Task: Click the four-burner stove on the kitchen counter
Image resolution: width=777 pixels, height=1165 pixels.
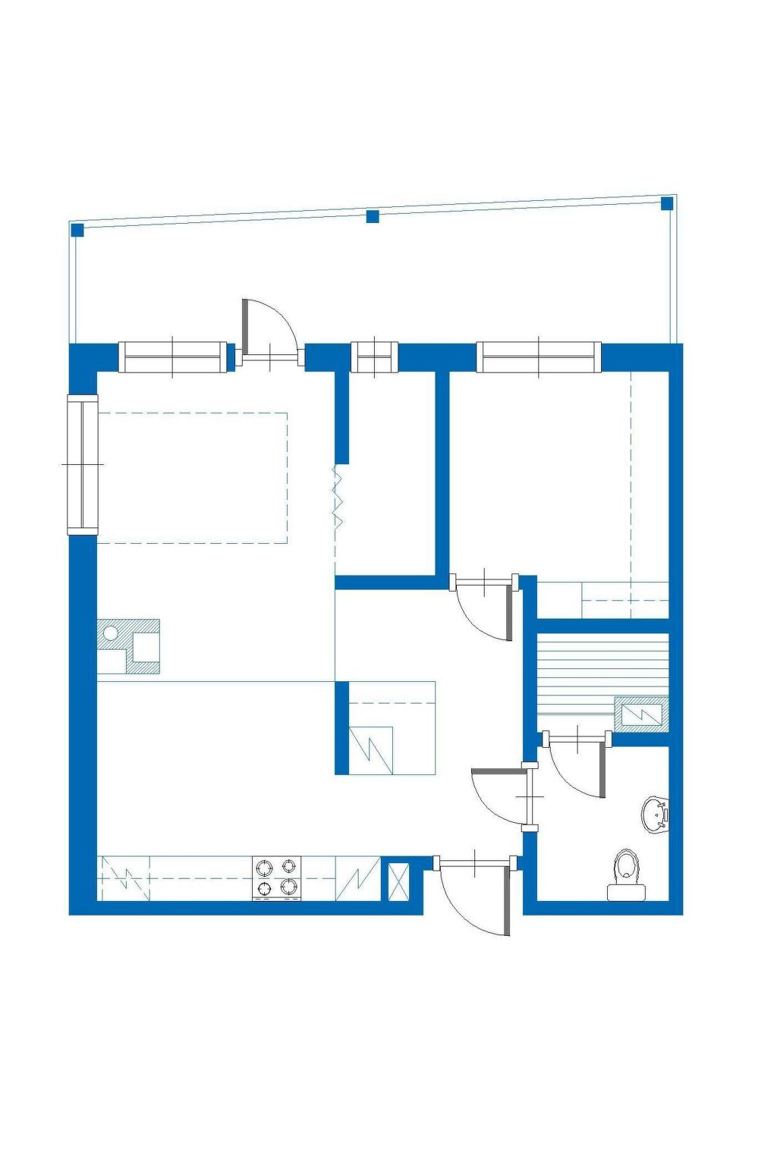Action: tap(276, 878)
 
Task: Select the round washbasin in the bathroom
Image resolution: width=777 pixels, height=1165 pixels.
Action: tap(655, 814)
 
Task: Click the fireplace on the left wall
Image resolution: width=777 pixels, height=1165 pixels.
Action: tap(128, 646)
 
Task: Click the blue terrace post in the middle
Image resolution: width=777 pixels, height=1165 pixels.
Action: tap(373, 217)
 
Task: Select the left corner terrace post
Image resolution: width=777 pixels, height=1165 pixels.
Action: tap(77, 230)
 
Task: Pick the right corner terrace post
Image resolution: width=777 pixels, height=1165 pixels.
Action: tap(667, 203)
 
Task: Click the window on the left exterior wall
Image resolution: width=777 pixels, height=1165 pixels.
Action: tap(83, 464)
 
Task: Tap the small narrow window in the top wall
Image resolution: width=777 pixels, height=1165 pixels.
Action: tap(374, 358)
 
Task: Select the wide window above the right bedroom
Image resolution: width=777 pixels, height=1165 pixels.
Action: tap(539, 358)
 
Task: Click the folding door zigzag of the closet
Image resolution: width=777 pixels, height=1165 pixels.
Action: tap(338, 497)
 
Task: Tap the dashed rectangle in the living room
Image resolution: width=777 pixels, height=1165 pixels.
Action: tap(193, 478)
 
